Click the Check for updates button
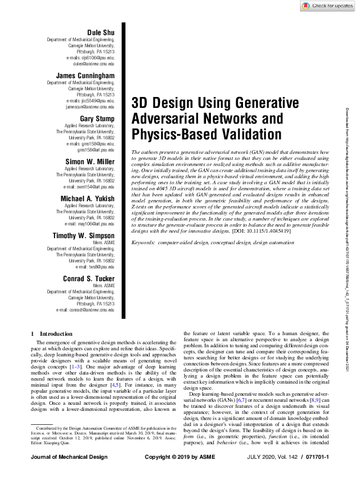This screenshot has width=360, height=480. pyautogui.click(x=325, y=5)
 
